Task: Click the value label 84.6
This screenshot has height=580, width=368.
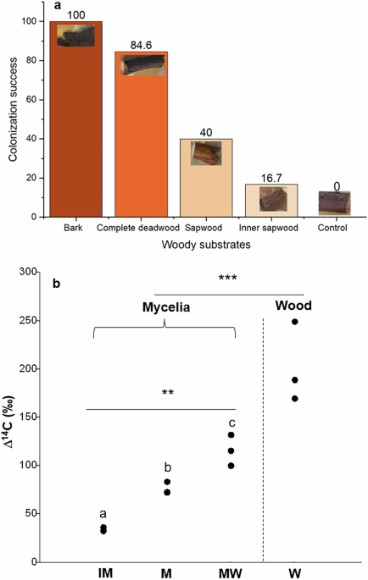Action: (142, 45)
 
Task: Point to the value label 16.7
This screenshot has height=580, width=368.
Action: (271, 178)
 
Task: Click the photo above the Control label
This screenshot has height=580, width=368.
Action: (337, 203)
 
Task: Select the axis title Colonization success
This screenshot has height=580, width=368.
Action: (12, 115)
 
